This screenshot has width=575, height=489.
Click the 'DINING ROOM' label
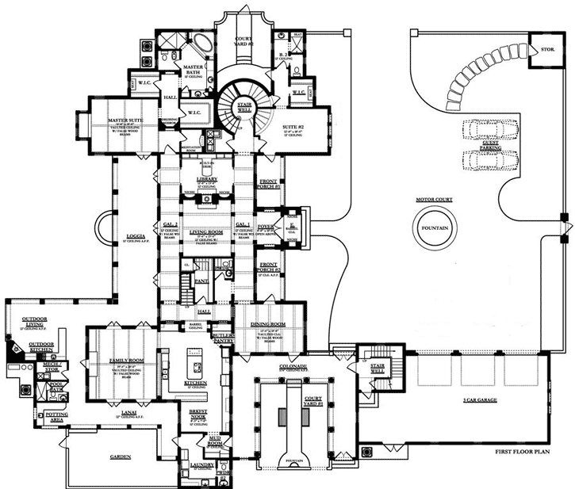(x=269, y=324)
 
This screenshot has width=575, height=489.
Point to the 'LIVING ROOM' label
(x=206, y=231)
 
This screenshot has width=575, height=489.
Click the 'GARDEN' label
(x=118, y=457)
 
